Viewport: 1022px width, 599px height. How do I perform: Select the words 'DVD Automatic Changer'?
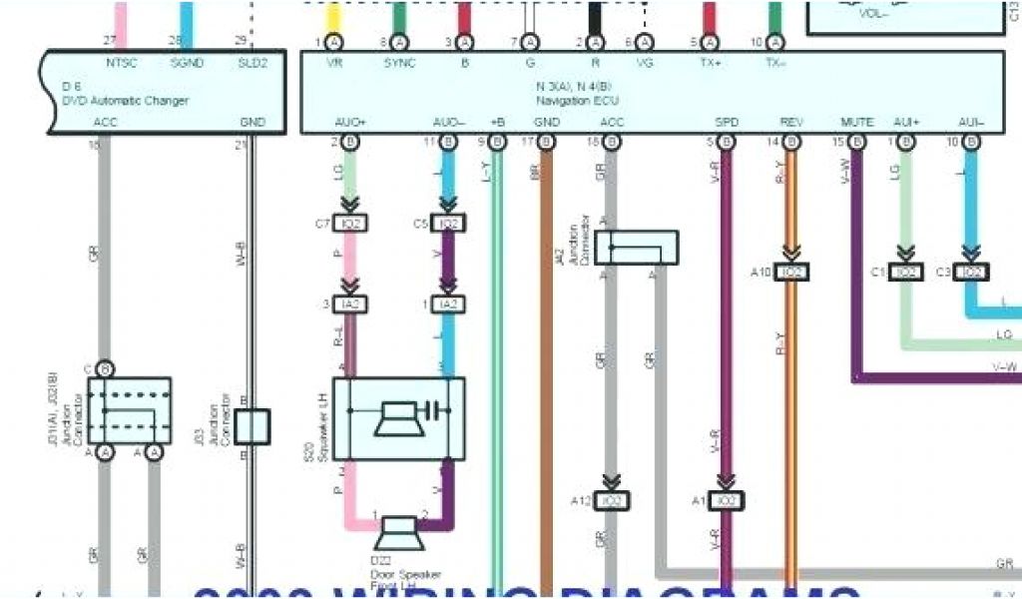pos(139,100)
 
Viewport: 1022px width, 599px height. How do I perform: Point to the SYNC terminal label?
pos(399,62)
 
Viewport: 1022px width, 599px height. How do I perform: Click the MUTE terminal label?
pos(857,122)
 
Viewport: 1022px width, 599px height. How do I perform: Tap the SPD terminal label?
pos(727,122)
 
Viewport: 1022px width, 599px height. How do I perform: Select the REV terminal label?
pos(791,122)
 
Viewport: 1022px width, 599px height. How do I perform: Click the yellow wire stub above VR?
pos(334,17)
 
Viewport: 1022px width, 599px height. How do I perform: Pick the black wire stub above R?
pos(595,17)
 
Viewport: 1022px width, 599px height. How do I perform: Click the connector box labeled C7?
pos(349,224)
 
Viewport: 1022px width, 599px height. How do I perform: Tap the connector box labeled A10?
pos(791,272)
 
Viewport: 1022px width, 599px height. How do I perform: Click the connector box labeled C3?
pos(971,272)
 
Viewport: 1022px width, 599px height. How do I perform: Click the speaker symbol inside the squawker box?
pos(397,417)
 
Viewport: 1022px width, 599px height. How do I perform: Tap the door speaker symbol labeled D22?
pos(396,531)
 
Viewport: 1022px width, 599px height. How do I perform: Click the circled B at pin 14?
pos(791,143)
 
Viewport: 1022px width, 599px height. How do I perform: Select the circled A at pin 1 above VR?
pos(334,43)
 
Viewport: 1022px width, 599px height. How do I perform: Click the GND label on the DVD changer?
pos(253,122)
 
